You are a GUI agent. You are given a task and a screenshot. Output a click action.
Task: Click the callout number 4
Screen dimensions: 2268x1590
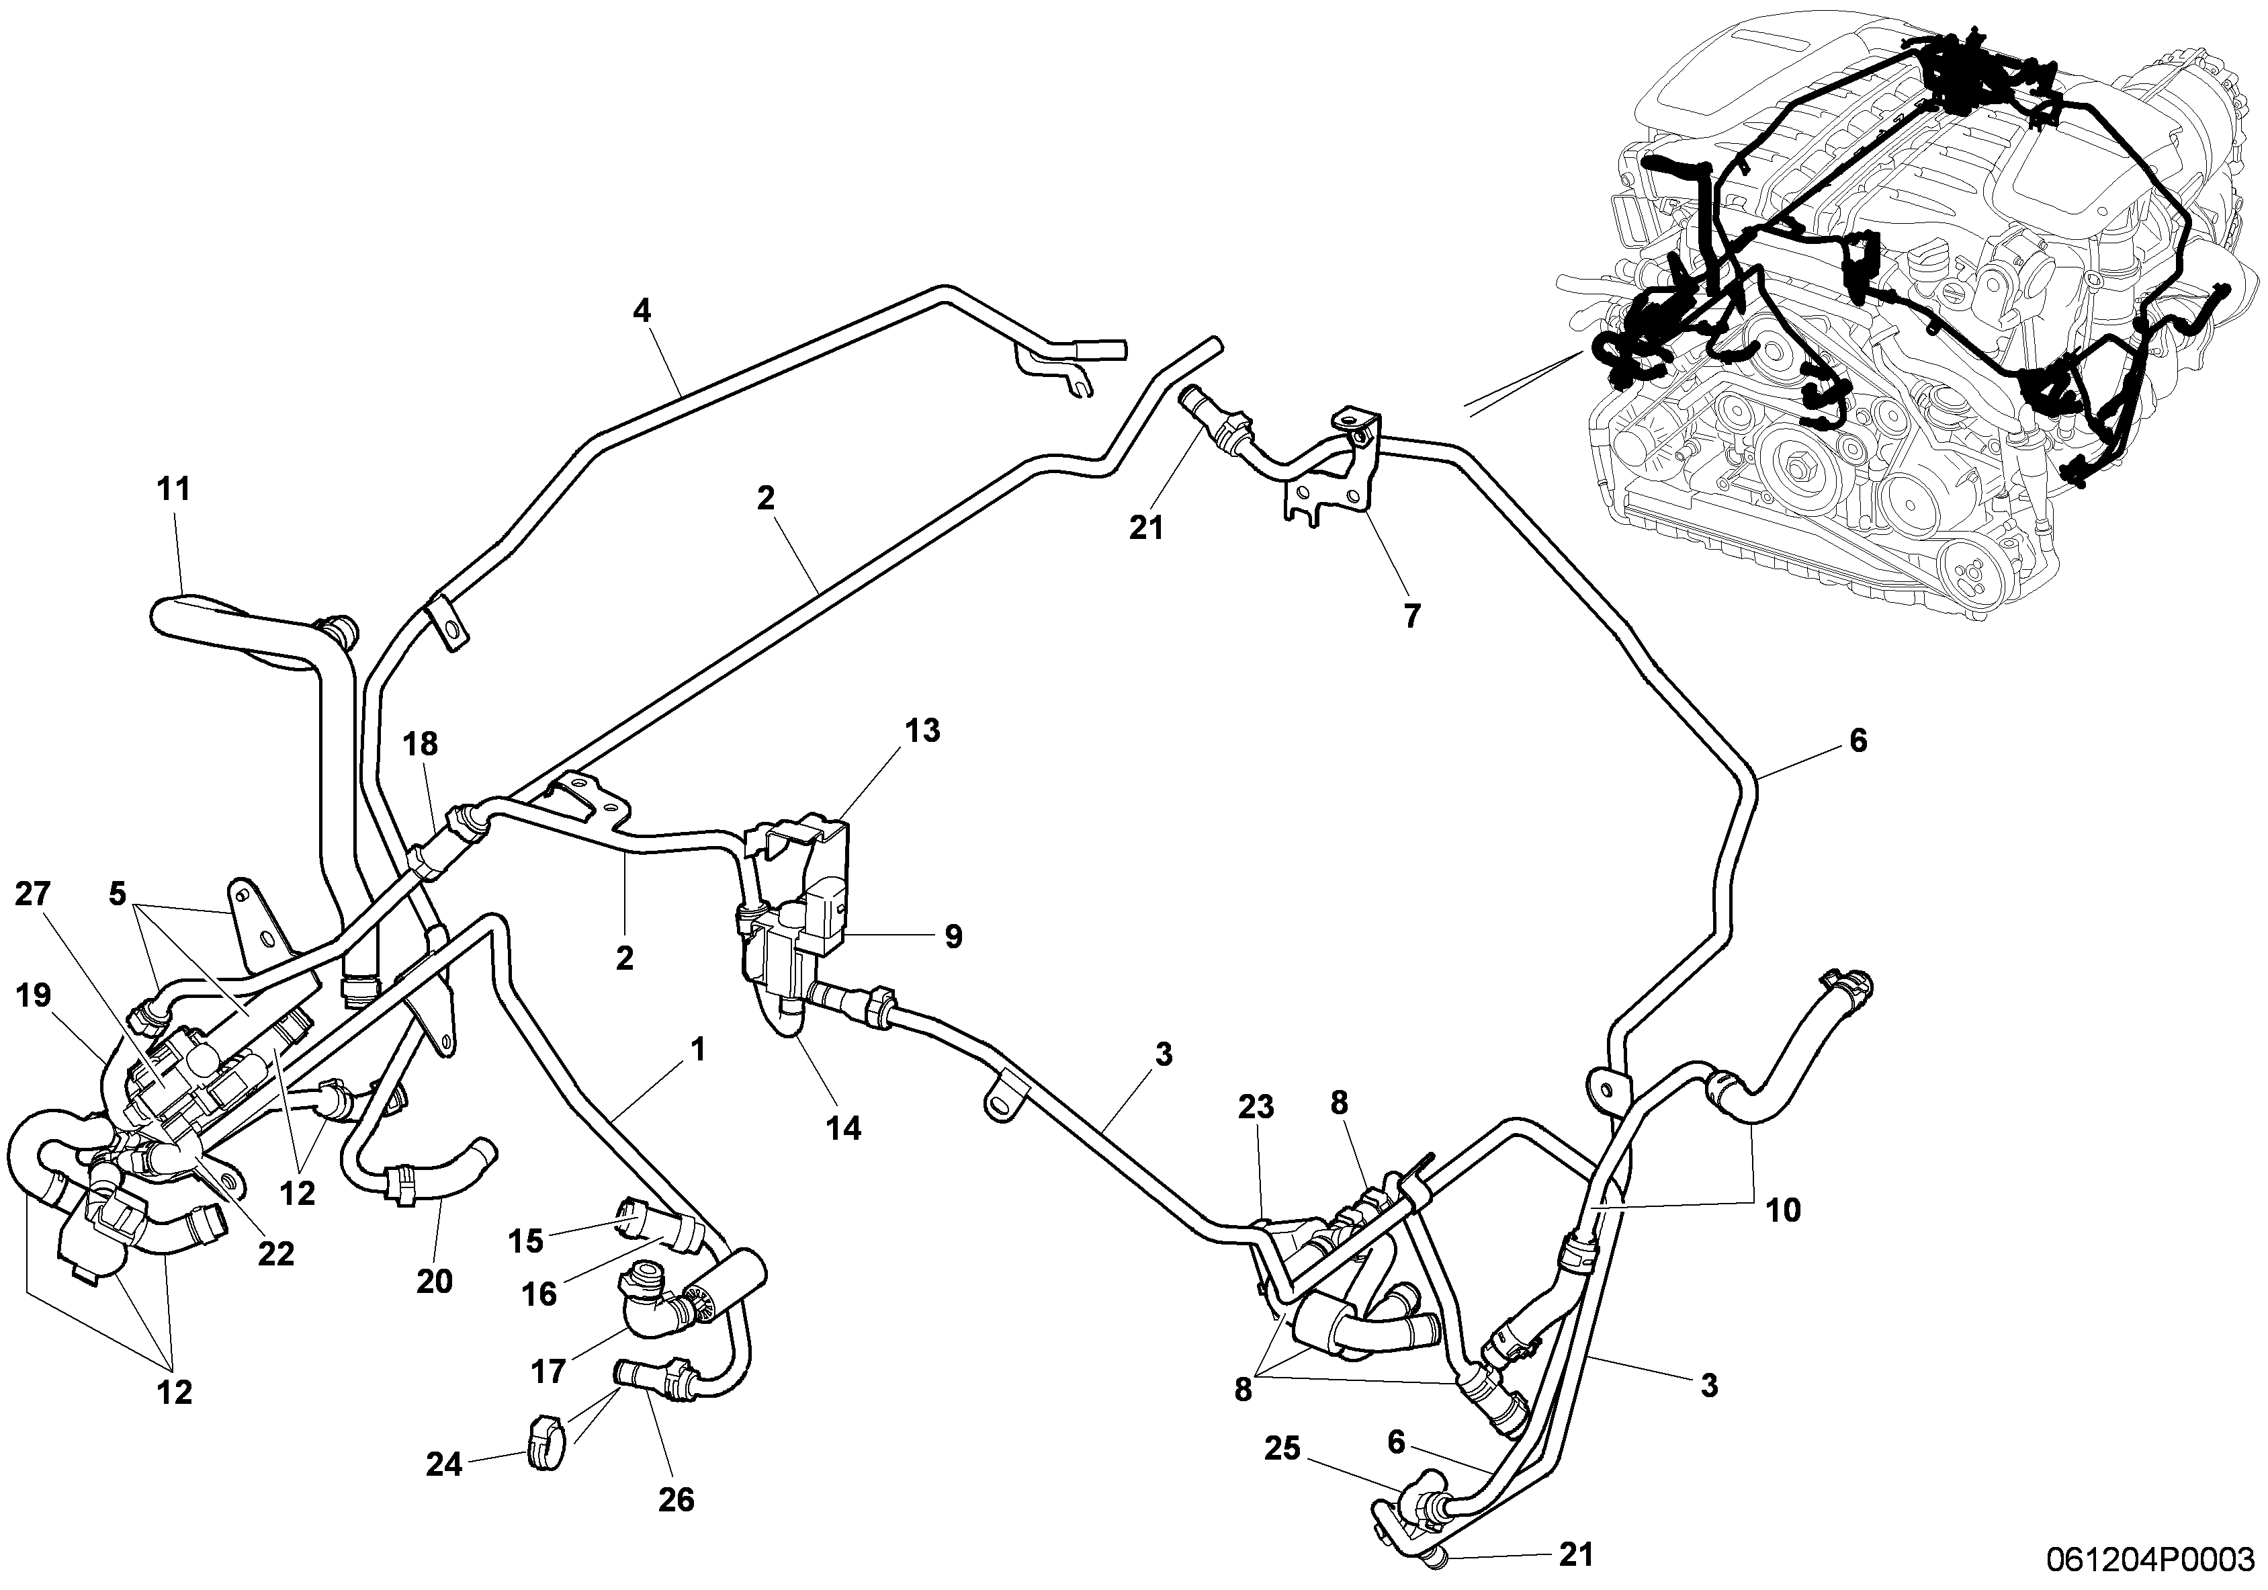(x=642, y=311)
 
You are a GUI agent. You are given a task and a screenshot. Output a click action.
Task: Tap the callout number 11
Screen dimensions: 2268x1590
(x=174, y=489)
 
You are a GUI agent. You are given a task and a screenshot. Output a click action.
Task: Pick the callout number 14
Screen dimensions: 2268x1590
(x=844, y=1128)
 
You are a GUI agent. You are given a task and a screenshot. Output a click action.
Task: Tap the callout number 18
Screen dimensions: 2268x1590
(x=420, y=744)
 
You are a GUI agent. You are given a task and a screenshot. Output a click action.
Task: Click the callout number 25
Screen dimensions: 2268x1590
(x=1284, y=1450)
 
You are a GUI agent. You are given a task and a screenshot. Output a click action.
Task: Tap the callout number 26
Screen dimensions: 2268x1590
(x=676, y=1499)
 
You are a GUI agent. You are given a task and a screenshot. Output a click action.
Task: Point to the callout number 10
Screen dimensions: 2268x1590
(x=1783, y=1210)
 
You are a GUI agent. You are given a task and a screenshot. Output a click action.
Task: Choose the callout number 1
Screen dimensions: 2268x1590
(x=699, y=1050)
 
